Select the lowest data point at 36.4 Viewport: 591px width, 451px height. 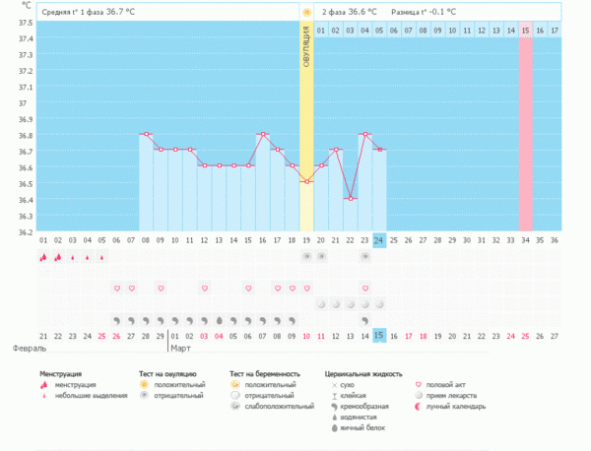[350, 199]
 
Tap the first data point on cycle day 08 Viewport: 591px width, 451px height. [146, 134]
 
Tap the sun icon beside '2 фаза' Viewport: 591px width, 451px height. [307, 12]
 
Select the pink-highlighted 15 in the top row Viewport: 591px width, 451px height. [526, 31]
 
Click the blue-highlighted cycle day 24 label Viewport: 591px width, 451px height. [379, 240]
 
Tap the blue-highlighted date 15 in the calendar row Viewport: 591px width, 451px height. [379, 336]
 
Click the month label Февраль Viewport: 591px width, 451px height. [29, 349]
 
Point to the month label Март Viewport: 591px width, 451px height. [181, 349]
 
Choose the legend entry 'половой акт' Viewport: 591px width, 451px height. [451, 385]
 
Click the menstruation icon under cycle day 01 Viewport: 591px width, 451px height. [43, 257]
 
